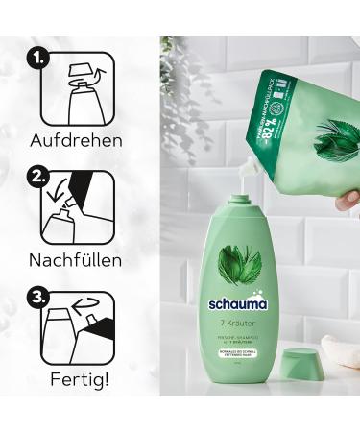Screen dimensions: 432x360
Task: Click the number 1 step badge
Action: pyautogui.click(x=37, y=60)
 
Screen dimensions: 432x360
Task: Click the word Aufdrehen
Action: pyautogui.click(x=77, y=140)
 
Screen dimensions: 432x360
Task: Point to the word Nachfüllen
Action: pyautogui.click(x=77, y=260)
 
